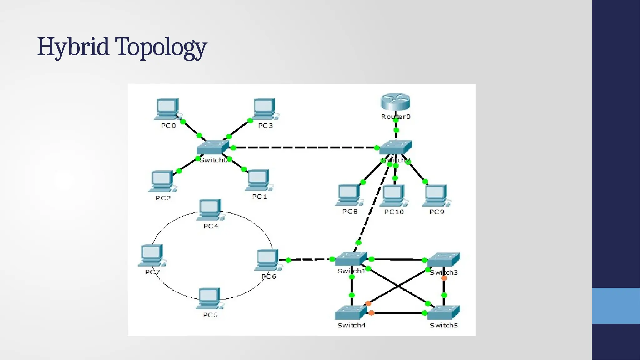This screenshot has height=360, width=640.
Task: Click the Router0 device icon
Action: [395, 102]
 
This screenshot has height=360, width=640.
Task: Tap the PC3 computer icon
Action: [265, 109]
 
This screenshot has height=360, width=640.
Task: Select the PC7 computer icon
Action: [152, 255]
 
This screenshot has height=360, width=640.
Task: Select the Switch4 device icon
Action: [351, 312]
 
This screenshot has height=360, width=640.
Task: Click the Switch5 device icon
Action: [444, 312]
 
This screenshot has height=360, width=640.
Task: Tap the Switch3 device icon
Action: [444, 260]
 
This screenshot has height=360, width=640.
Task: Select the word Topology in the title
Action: [161, 47]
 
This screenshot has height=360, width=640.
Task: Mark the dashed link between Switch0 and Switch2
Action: [305, 147]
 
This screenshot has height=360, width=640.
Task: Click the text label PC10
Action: [394, 212]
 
